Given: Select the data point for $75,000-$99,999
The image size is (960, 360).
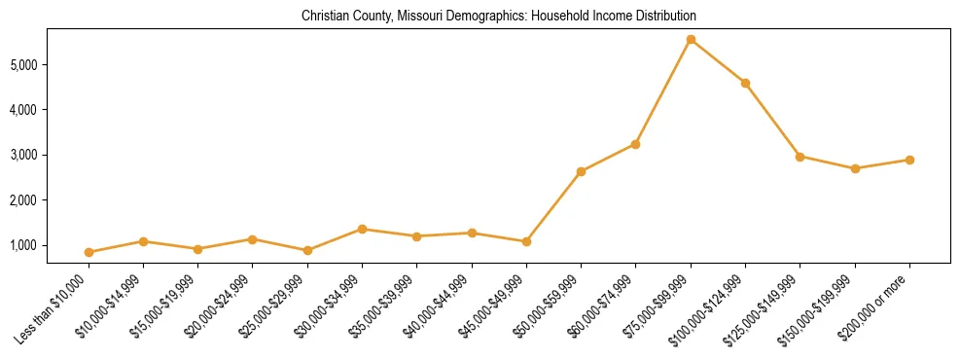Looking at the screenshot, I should click(691, 40).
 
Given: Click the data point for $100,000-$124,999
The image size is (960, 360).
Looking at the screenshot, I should click(745, 83).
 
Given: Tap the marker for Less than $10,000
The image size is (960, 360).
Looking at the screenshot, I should click(89, 252).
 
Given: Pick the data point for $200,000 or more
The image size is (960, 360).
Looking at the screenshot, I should click(909, 160).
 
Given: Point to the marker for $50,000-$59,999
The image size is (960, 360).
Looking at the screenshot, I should click(581, 171).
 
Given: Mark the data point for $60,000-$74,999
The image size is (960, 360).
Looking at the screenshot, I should click(635, 144).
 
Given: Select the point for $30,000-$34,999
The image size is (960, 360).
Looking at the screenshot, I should click(362, 229).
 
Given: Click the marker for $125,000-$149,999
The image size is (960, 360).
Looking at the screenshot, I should click(800, 156).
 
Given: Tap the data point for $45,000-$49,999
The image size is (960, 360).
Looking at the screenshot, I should click(526, 241).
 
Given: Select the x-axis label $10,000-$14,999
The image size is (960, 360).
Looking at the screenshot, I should click(111, 306).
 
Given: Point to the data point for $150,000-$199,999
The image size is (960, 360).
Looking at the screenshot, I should click(855, 168).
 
